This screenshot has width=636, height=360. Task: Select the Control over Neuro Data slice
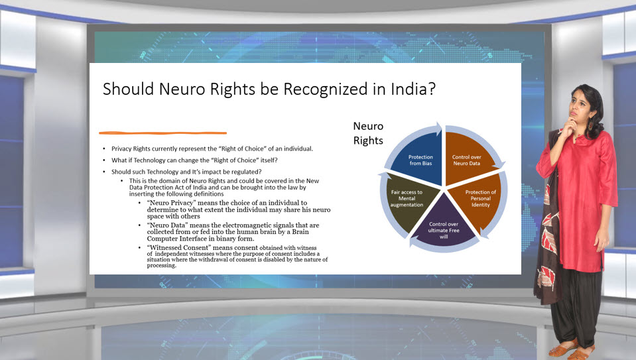pyautogui.click(x=468, y=160)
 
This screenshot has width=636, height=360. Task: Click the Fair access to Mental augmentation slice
pyautogui.click(x=409, y=200)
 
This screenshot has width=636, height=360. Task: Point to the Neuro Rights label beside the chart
pyautogui.click(x=368, y=133)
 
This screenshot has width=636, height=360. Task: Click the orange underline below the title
pyautogui.click(x=162, y=133)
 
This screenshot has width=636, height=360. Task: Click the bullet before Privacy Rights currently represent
pyautogui.click(x=104, y=149)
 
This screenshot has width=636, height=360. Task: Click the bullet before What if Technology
pyautogui.click(x=104, y=160)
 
